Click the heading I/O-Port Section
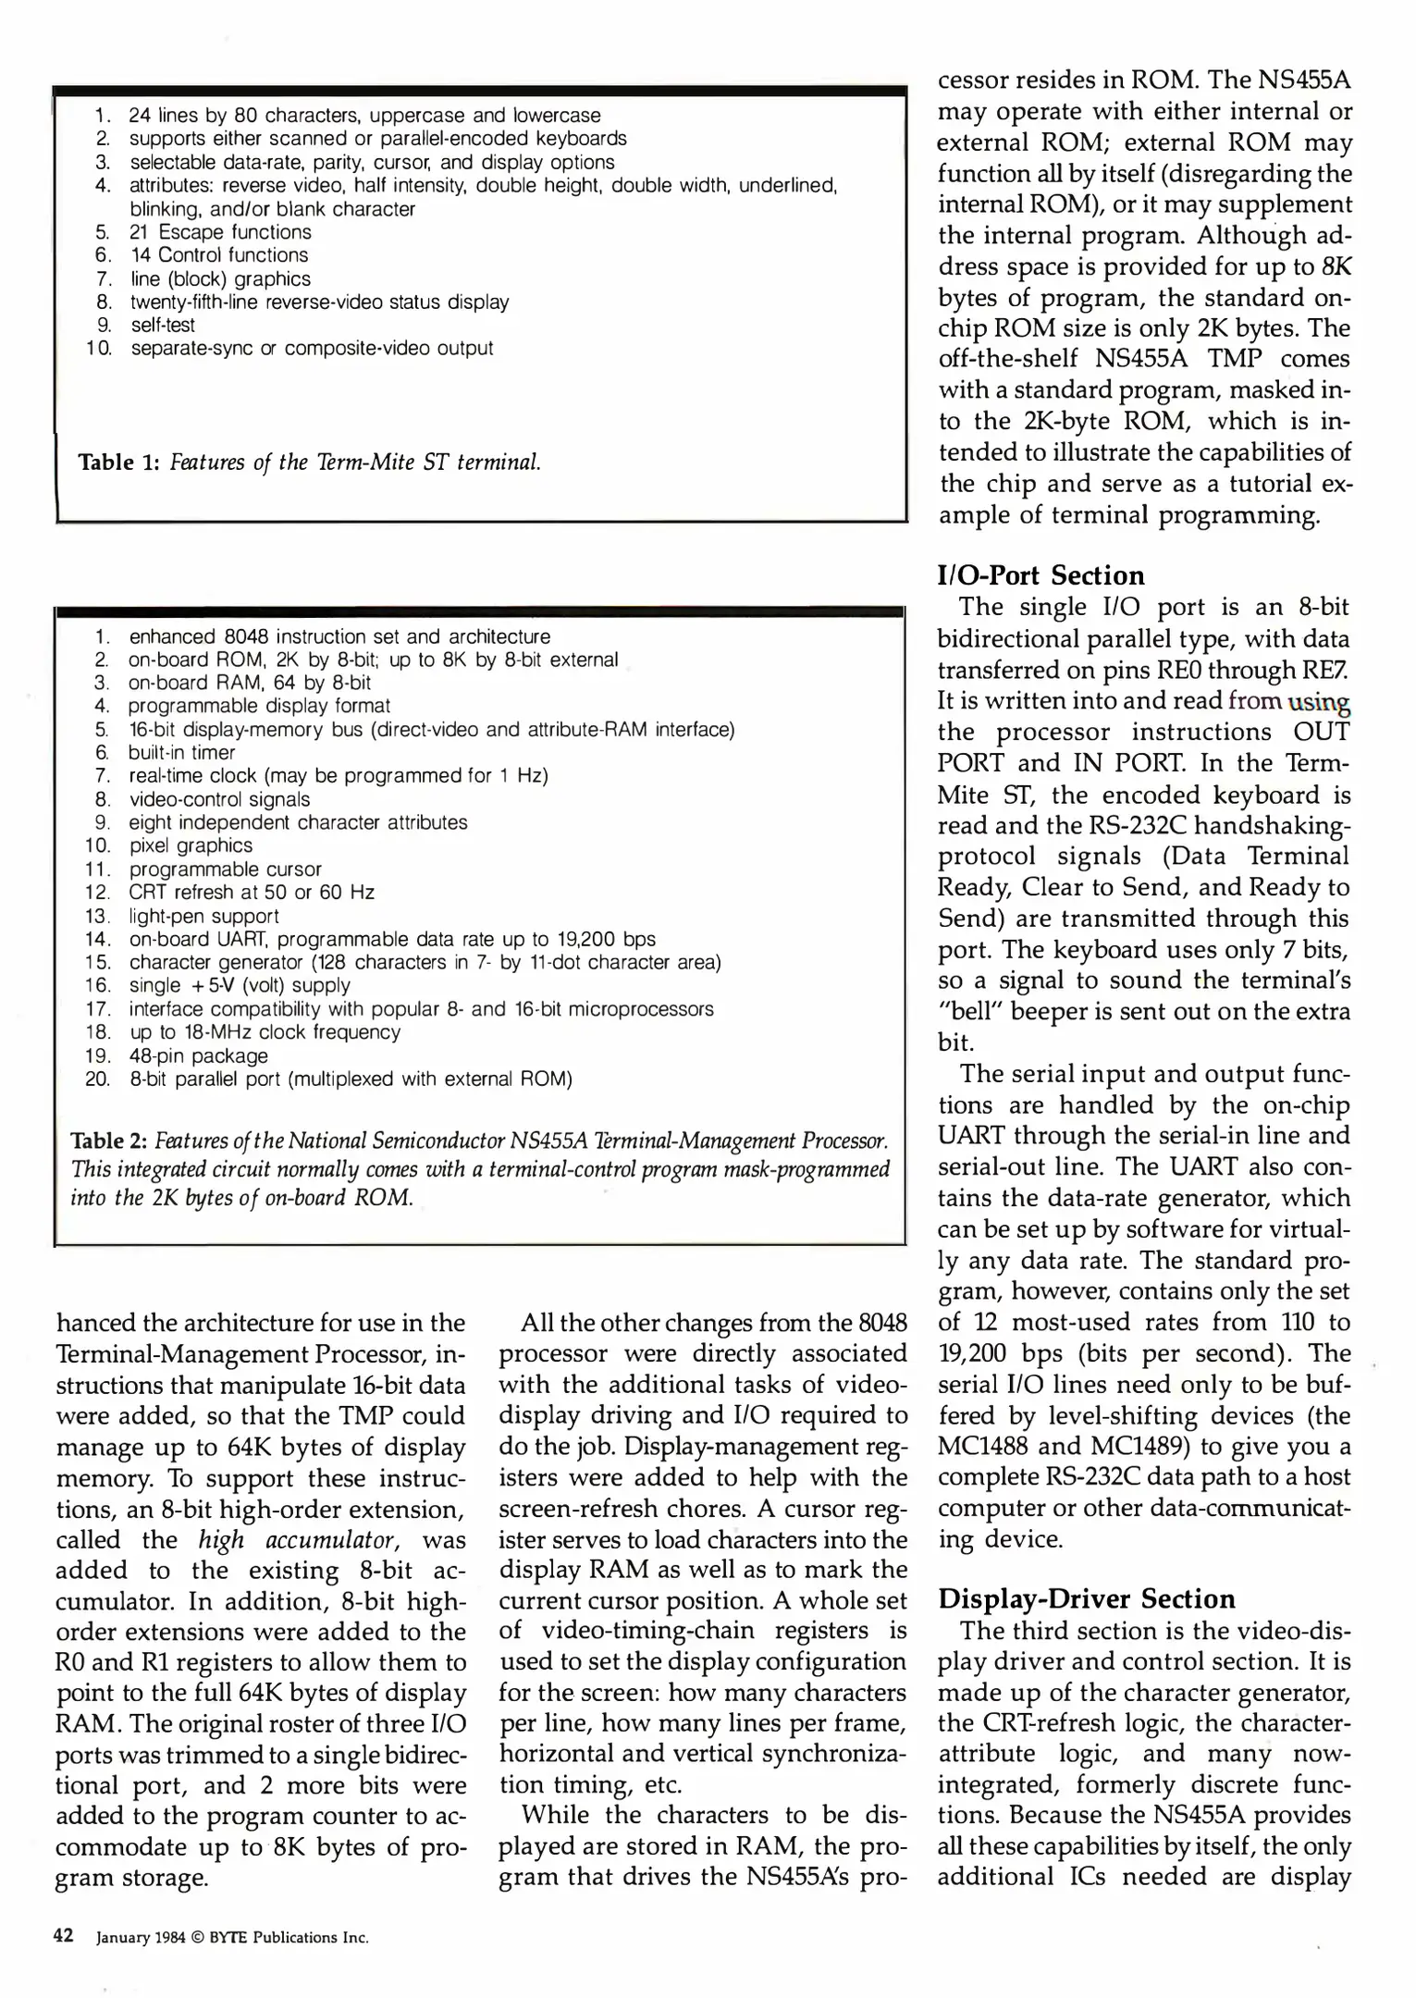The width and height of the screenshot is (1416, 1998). (1040, 575)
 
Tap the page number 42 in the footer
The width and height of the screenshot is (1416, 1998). (64, 1936)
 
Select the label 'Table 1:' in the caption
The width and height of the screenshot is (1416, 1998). (119, 462)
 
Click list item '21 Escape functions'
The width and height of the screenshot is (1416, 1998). (220, 232)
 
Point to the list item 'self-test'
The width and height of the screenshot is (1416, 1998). (163, 325)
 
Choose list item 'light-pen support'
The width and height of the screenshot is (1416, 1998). (203, 916)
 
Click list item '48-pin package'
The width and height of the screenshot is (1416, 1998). (199, 1055)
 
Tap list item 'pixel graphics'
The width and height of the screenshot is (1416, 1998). (191, 845)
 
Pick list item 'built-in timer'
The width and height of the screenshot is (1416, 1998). (182, 752)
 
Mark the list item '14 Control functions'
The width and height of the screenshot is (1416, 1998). (219, 255)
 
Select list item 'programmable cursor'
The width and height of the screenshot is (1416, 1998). (225, 869)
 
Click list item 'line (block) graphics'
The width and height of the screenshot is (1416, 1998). (220, 278)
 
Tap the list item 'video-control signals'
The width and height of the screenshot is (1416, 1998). (219, 799)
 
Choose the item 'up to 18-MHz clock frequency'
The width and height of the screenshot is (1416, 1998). (265, 1032)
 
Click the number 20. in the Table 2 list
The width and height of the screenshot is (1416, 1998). (97, 1079)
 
